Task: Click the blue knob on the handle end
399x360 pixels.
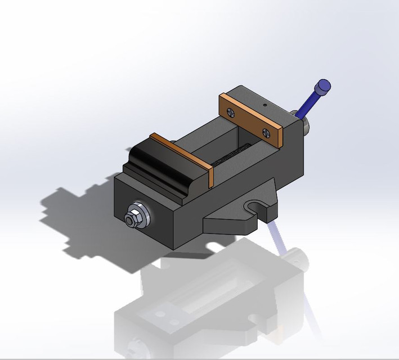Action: click(323, 87)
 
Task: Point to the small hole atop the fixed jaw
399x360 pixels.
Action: click(264, 105)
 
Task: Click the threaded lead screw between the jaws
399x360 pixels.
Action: click(234, 154)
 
